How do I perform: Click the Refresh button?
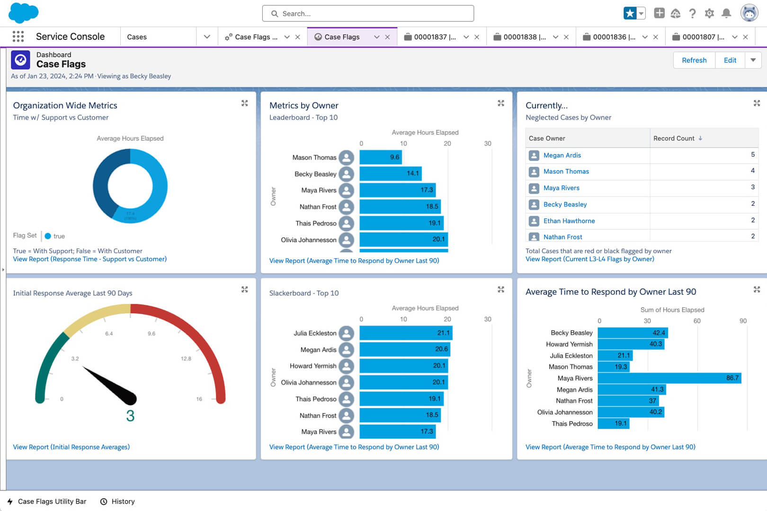click(x=694, y=60)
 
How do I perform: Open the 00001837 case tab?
click(x=430, y=37)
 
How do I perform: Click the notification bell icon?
click(x=726, y=13)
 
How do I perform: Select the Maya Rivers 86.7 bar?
click(x=669, y=378)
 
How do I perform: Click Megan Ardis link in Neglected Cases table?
click(x=562, y=155)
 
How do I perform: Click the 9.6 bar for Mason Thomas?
click(x=380, y=158)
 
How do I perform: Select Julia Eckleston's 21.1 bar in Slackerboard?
click(x=405, y=333)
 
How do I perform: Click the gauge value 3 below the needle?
click(x=130, y=416)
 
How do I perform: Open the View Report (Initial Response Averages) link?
click(x=71, y=447)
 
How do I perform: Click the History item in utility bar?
click(x=123, y=502)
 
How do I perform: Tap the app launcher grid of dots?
click(x=18, y=36)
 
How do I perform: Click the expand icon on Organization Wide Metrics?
click(x=244, y=103)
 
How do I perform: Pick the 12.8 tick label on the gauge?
click(x=186, y=359)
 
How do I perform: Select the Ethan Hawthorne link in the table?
click(x=569, y=221)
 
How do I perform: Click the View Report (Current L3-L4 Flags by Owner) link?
click(x=589, y=259)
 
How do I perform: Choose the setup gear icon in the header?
click(x=709, y=13)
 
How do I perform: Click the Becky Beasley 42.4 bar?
click(x=632, y=333)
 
